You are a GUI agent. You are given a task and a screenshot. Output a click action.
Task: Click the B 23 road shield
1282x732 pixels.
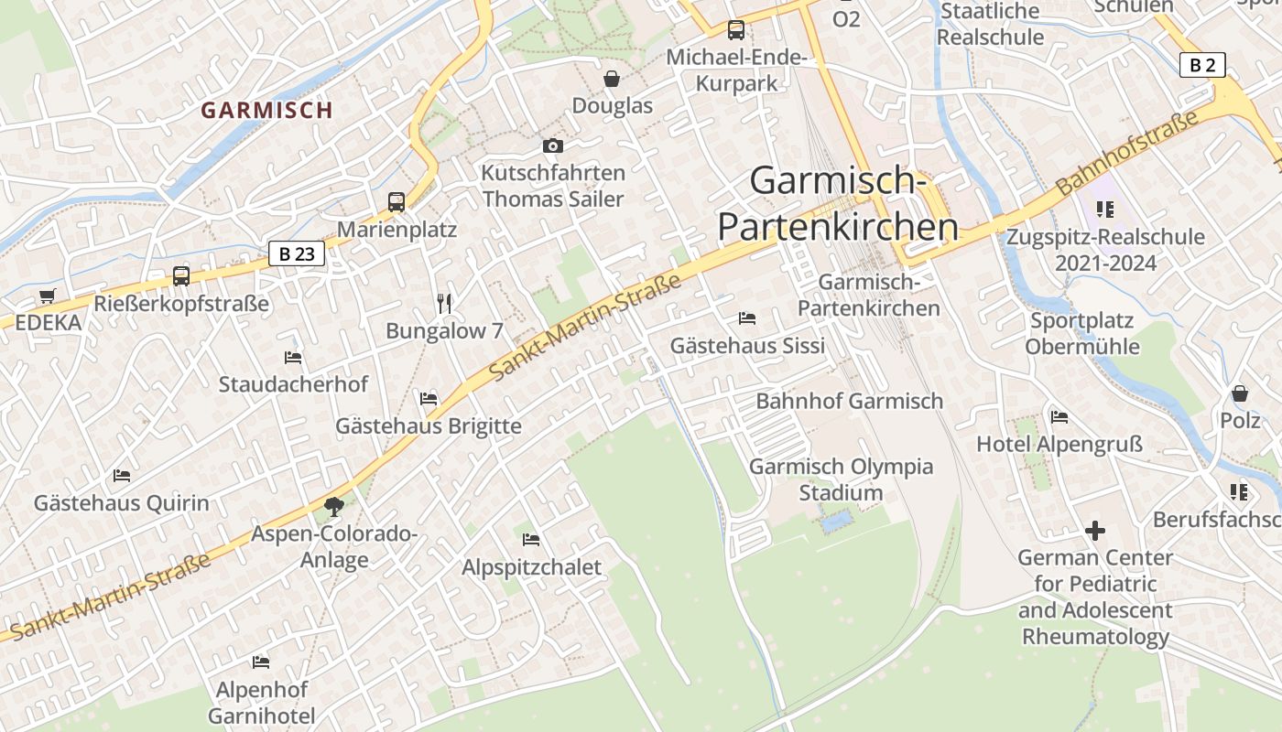coord(297,253)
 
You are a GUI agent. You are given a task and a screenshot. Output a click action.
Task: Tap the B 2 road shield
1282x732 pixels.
coord(1202,65)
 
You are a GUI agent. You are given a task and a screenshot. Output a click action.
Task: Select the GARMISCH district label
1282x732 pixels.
coord(266,111)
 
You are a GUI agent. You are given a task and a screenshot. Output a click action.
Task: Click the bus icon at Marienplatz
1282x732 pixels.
coord(397,201)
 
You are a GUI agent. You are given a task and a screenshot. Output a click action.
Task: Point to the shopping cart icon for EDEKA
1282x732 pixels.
coord(48,296)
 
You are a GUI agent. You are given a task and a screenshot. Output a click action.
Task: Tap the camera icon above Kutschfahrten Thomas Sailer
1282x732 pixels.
coord(552,145)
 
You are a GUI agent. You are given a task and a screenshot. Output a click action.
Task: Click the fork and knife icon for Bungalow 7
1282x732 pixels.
coord(444,303)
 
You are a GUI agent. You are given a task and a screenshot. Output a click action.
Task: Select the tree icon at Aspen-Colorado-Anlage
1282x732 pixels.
coord(334,506)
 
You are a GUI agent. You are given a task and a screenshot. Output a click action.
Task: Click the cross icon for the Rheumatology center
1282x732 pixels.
coord(1095,530)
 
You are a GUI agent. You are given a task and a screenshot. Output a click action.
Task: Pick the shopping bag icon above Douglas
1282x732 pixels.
coord(612,79)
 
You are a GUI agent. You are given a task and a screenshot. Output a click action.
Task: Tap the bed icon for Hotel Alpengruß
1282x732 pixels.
coord(1059,417)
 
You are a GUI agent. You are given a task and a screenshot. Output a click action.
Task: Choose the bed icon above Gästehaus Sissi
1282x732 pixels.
coord(747,318)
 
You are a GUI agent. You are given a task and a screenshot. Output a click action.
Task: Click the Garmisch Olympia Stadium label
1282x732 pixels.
coord(841,479)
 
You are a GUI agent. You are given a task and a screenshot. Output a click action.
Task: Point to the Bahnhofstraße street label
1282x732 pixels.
coord(1126,153)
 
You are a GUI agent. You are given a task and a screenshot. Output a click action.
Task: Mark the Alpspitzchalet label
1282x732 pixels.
coord(531,567)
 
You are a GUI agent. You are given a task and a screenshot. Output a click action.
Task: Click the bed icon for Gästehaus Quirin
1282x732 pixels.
coord(122,476)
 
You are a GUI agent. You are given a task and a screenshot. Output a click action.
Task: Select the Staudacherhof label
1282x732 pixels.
coord(293,384)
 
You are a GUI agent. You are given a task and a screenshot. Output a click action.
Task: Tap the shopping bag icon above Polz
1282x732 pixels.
coord(1240,393)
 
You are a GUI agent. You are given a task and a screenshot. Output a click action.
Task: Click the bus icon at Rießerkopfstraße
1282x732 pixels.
coord(181,275)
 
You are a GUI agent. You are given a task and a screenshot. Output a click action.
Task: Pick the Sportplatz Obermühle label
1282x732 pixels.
coord(1081,334)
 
